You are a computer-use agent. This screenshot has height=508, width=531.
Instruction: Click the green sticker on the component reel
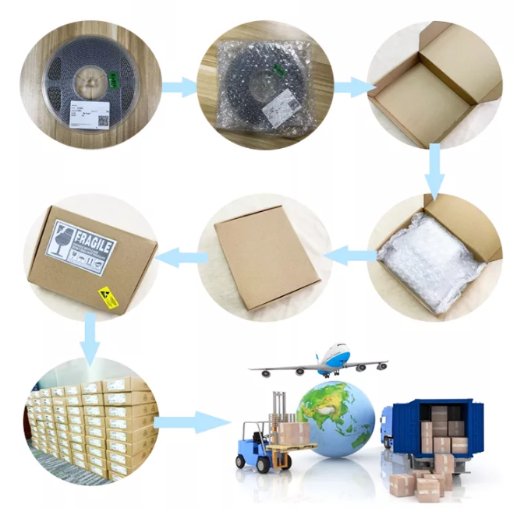click(115, 79)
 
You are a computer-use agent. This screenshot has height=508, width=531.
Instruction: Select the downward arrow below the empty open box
click(434, 172)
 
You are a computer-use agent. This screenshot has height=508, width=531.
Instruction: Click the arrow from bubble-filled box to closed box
click(345, 254)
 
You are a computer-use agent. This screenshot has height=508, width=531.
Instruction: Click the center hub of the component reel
click(91, 81)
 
